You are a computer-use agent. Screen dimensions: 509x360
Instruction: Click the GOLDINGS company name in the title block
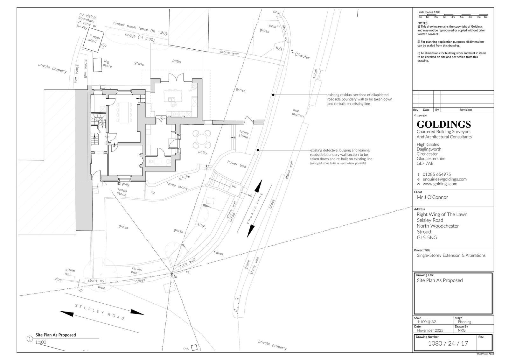[443, 124]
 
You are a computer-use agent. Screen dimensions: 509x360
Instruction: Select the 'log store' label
[107, 64]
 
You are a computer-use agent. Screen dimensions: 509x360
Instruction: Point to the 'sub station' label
[297, 113]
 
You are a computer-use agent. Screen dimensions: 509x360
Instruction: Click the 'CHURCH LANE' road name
[255, 208]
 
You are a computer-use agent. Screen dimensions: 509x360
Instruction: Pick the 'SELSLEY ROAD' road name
[100, 312]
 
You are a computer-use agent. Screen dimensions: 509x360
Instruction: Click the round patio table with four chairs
[202, 139]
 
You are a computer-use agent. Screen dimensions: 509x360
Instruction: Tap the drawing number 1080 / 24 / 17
[448, 343]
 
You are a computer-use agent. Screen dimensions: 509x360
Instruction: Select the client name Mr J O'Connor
[432, 197]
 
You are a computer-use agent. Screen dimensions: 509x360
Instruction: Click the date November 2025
[430, 330]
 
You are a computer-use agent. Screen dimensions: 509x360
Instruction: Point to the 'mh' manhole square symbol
[194, 348]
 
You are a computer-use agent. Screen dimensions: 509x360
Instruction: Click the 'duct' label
[220, 253]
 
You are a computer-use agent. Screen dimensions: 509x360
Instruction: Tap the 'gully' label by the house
[125, 184]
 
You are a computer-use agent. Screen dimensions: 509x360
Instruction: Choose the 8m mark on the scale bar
[485, 17]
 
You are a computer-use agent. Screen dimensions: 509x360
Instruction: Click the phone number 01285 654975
[436, 174]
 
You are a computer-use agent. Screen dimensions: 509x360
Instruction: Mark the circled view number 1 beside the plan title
[30, 339]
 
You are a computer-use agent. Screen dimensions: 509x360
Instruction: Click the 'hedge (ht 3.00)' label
[140, 37]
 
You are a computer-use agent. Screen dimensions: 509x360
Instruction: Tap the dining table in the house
[124, 112]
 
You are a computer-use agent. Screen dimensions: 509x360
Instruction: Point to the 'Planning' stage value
[464, 322]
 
